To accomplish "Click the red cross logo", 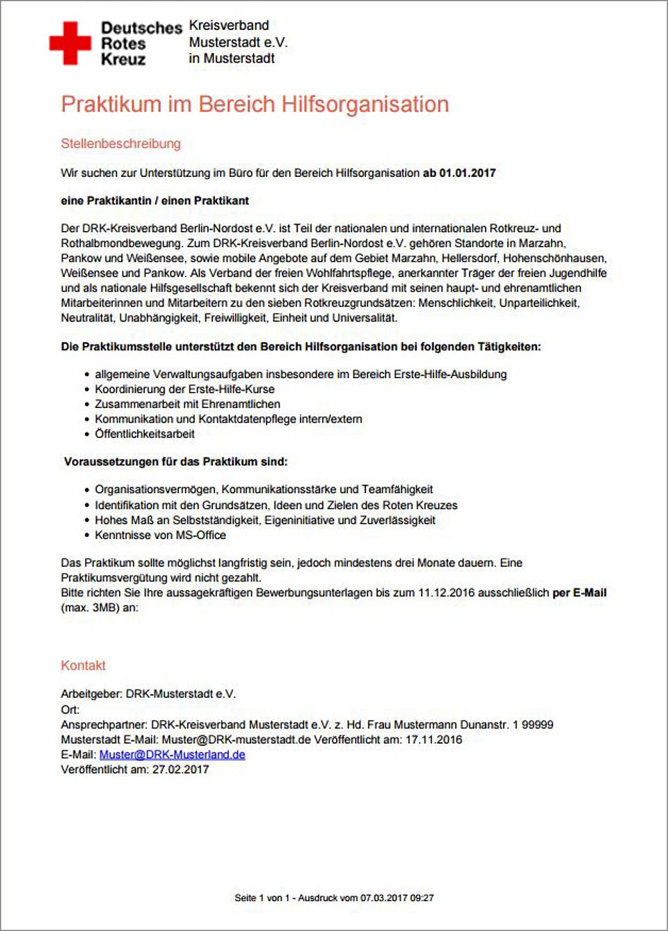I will tap(70, 42).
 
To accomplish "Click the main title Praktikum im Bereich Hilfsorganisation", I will tap(255, 104).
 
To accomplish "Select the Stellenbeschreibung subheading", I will tap(120, 143).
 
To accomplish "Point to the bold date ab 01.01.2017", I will tap(459, 173).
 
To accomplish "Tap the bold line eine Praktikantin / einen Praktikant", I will tap(154, 201).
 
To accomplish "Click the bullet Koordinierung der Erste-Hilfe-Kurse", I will tap(184, 389).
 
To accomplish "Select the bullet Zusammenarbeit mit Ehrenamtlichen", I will tap(187, 404).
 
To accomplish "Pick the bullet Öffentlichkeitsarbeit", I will tap(145, 434).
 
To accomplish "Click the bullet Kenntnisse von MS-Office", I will tap(160, 535).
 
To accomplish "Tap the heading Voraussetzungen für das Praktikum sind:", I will tap(175, 462).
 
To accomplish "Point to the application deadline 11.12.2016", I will tap(446, 593).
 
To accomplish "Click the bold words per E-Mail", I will tap(579, 593).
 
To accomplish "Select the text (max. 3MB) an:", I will tap(100, 607).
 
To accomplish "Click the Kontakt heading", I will tap(83, 665).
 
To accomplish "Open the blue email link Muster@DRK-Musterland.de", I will tap(172, 755).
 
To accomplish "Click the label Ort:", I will tap(70, 710).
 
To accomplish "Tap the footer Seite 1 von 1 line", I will tap(334, 898).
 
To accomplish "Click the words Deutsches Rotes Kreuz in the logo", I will tap(141, 43).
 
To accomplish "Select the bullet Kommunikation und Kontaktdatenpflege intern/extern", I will tap(228, 419).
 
